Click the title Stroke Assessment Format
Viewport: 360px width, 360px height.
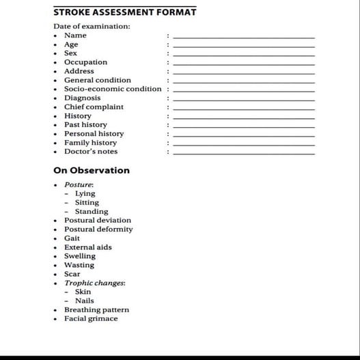[124, 12]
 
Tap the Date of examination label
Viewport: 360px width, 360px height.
[92, 27]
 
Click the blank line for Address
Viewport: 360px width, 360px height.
[244, 72]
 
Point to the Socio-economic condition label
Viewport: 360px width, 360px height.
[113, 89]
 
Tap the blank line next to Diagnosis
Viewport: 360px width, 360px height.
[244, 98]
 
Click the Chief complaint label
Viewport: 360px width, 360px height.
[94, 107]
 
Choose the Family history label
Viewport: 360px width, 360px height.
[90, 143]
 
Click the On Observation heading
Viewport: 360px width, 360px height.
[91, 170]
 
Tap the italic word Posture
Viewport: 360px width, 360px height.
[79, 184]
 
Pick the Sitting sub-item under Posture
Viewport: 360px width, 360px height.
[87, 202]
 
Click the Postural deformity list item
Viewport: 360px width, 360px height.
[98, 229]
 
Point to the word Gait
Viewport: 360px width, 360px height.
[72, 238]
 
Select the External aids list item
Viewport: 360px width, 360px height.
[88, 247]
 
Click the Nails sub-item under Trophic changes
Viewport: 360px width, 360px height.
[85, 301]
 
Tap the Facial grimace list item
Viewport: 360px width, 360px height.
[91, 318]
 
